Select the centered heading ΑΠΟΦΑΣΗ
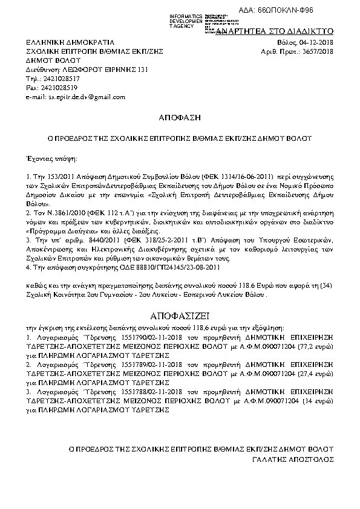tap(179, 116)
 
